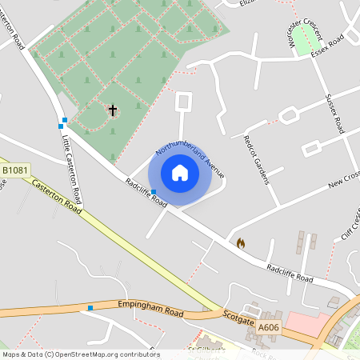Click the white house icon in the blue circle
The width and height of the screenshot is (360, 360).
180,173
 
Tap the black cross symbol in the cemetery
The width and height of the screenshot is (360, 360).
112,110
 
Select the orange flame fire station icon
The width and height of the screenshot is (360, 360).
240,242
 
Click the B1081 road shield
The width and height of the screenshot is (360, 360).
15,170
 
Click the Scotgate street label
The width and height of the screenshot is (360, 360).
238,315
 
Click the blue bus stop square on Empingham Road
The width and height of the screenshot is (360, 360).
90,308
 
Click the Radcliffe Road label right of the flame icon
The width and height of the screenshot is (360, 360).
289,273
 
